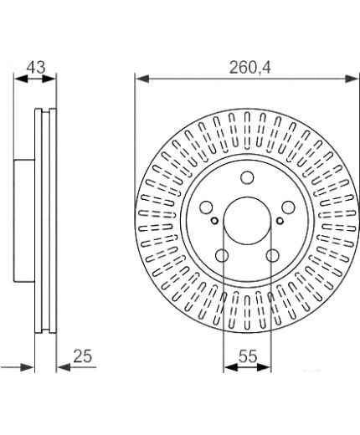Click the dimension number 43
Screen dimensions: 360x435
[36, 68]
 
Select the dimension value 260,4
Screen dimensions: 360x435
[249, 68]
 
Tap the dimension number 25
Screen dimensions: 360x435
[83, 356]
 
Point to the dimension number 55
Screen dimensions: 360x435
[248, 356]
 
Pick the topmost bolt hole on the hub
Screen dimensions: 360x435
[247, 177]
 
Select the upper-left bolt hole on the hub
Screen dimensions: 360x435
[207, 207]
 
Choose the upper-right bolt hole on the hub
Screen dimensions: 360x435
[288, 207]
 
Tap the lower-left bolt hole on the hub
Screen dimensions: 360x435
[222, 255]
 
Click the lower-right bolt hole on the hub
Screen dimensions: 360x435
[272, 255]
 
